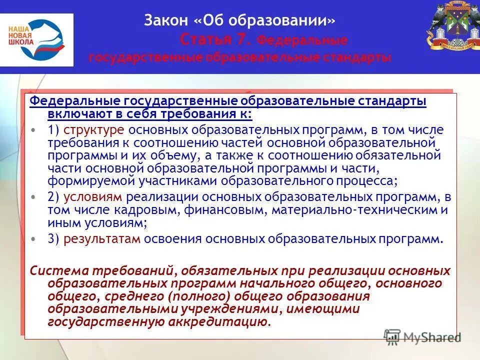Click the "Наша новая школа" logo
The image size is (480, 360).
(x=37, y=39)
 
